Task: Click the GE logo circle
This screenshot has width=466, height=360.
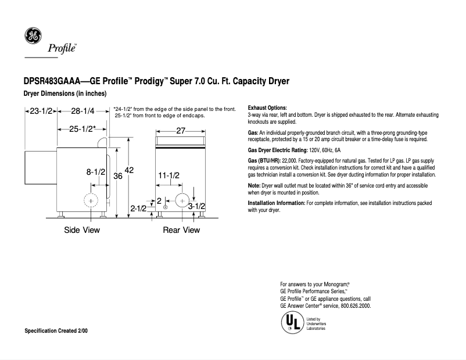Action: [32, 36]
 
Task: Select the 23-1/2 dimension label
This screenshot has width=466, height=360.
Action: [41, 111]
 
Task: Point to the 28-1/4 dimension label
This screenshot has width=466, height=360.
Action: [83, 111]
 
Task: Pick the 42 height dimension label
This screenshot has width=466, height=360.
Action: [129, 170]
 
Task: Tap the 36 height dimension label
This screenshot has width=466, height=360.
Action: [117, 176]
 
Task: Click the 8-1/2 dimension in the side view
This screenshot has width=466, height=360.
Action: [96, 172]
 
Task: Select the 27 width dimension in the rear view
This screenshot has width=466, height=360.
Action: [180, 131]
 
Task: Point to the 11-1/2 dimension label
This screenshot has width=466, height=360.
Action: [169, 175]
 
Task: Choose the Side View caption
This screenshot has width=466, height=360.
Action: [82, 230]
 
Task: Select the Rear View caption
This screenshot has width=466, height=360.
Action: [181, 230]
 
